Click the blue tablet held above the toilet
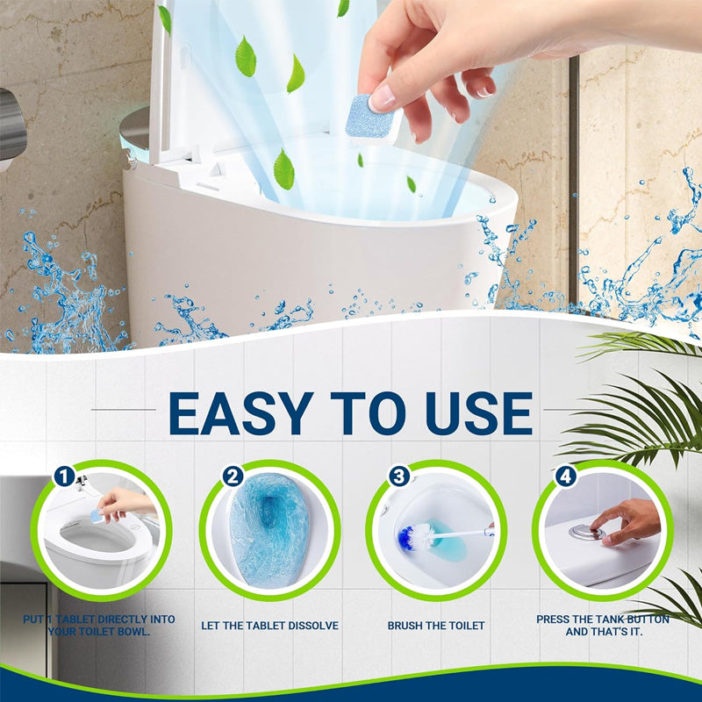coord(369,118)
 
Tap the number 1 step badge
coord(64,476)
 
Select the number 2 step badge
coord(233,476)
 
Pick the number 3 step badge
coord(399,476)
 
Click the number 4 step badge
coord(566,476)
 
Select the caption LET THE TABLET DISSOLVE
coord(269,626)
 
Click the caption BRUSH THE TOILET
coord(436,626)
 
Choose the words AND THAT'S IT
coord(604,632)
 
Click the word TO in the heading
coord(368,413)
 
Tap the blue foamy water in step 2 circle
coord(269,531)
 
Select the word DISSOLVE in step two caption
coord(312,626)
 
